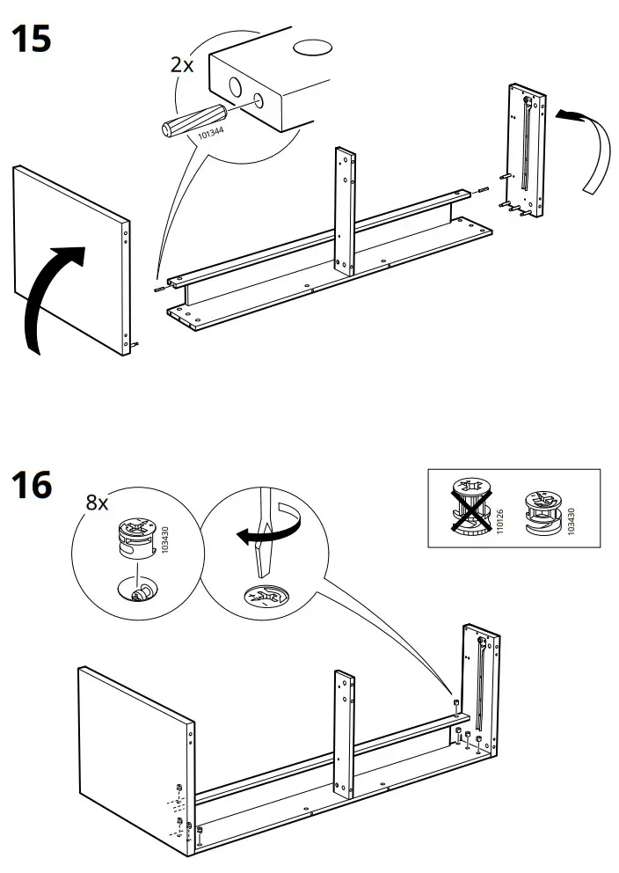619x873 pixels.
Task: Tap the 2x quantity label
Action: (182, 65)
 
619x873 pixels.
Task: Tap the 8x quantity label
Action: (97, 503)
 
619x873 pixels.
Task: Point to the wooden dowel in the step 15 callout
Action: (193, 121)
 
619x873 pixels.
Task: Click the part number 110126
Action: (499, 521)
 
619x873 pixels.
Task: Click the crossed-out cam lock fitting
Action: (471, 505)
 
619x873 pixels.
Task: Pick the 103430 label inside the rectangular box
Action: (571, 521)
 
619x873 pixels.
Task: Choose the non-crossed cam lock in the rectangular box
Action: (543, 513)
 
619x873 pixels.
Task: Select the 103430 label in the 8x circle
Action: (164, 539)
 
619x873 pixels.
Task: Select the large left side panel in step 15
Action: (71, 260)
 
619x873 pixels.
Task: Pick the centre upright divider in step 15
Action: (345, 211)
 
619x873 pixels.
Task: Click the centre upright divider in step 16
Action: (344, 734)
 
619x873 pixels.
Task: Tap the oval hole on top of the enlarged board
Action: (312, 48)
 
